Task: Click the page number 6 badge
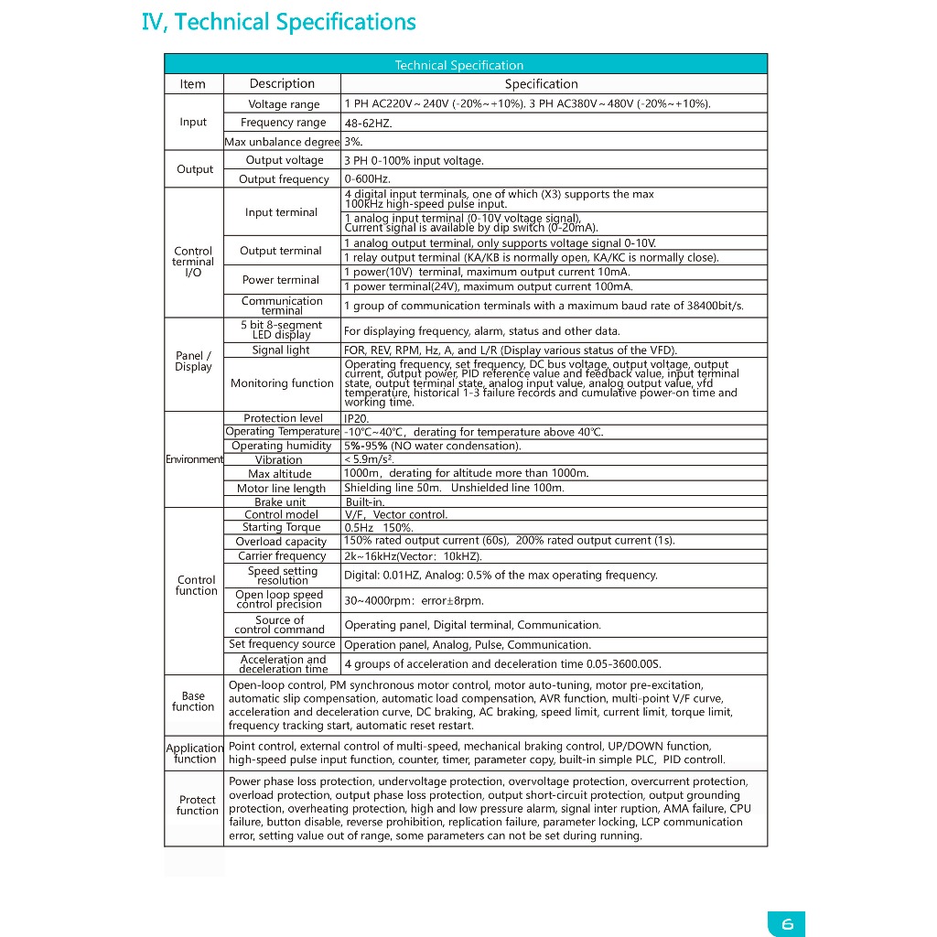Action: (787, 924)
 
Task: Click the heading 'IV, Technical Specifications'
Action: (279, 22)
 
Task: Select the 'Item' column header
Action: (193, 84)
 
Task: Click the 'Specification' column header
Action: (542, 84)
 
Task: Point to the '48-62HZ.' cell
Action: (368, 123)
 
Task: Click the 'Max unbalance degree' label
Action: (282, 142)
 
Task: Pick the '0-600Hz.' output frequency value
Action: (368, 179)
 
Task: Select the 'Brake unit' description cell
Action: (280, 502)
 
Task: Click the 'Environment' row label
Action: (194, 459)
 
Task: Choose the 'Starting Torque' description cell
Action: (281, 527)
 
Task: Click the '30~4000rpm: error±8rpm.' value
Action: (414, 601)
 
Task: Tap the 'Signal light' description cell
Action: (281, 350)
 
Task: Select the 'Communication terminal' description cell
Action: (282, 306)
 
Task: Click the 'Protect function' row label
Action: (197, 805)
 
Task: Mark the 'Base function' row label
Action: (193, 702)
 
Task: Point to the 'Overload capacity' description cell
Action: (281, 542)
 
